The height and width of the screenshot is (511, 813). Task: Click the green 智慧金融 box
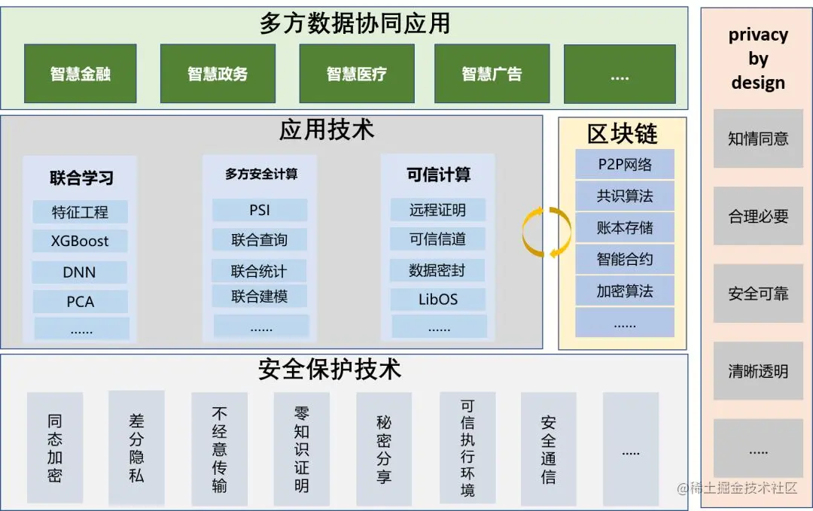click(81, 74)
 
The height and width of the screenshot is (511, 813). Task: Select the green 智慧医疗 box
click(356, 74)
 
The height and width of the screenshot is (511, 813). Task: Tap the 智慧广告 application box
click(492, 74)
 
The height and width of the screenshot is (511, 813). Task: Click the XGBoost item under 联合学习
click(80, 242)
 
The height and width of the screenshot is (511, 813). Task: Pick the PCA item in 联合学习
click(80, 302)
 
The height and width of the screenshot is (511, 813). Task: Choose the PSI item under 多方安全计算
click(259, 211)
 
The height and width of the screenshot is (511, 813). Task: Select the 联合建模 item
click(259, 297)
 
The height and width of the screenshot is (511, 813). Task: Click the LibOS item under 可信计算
click(437, 300)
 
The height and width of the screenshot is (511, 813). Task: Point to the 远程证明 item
click(437, 210)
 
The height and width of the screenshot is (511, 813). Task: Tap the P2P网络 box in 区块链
click(624, 165)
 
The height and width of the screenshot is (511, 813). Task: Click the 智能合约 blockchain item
click(624, 260)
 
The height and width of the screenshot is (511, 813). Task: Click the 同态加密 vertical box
click(55, 448)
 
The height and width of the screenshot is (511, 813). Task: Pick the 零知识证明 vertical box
click(301, 448)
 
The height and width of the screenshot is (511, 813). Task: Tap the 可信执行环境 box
click(467, 448)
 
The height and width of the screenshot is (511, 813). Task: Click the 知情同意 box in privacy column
click(758, 138)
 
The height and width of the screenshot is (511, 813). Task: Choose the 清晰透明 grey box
click(758, 371)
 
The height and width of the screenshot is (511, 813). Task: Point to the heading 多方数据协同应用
click(355, 23)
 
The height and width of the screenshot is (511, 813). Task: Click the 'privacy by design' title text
click(758, 59)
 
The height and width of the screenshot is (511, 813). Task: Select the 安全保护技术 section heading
click(330, 369)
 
